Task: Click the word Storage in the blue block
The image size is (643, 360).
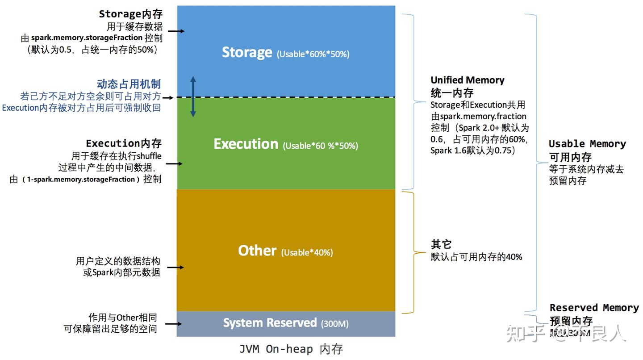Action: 247,52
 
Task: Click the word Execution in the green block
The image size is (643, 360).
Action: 246,144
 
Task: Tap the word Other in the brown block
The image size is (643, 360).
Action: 257,251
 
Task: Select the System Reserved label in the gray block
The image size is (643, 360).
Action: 270,323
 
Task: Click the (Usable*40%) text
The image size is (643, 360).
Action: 307,253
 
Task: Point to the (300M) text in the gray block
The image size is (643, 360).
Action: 334,324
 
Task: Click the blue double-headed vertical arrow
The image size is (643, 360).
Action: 193,96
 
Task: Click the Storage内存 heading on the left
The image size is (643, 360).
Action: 130,14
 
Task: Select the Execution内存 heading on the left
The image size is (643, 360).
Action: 124,143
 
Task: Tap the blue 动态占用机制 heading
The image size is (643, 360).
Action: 129,84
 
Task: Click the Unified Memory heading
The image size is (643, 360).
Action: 467,80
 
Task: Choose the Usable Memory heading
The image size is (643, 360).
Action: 587,144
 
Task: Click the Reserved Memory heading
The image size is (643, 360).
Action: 594,308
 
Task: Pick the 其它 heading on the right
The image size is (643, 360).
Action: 441,244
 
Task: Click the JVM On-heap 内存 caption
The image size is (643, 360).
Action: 291,349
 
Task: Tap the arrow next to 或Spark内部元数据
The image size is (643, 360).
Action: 175,268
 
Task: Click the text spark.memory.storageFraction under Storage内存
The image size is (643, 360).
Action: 87,38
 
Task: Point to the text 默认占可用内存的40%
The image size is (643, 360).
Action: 476,257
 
